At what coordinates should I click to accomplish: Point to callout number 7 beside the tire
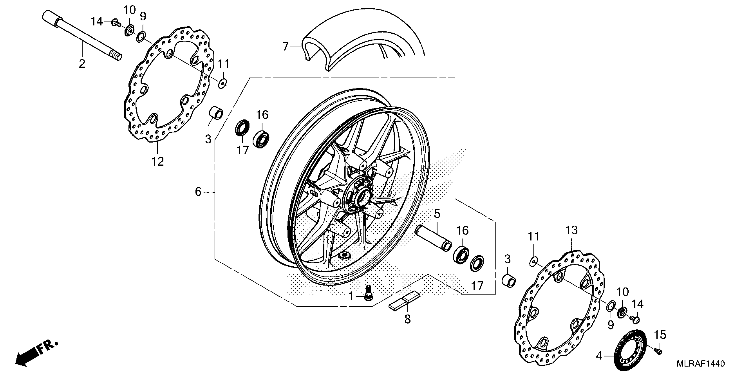(x=286, y=46)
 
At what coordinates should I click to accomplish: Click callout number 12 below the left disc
(x=158, y=161)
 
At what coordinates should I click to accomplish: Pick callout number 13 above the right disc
(x=572, y=230)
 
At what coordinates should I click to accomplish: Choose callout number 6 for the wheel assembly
(x=198, y=192)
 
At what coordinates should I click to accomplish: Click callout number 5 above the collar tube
(x=437, y=214)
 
